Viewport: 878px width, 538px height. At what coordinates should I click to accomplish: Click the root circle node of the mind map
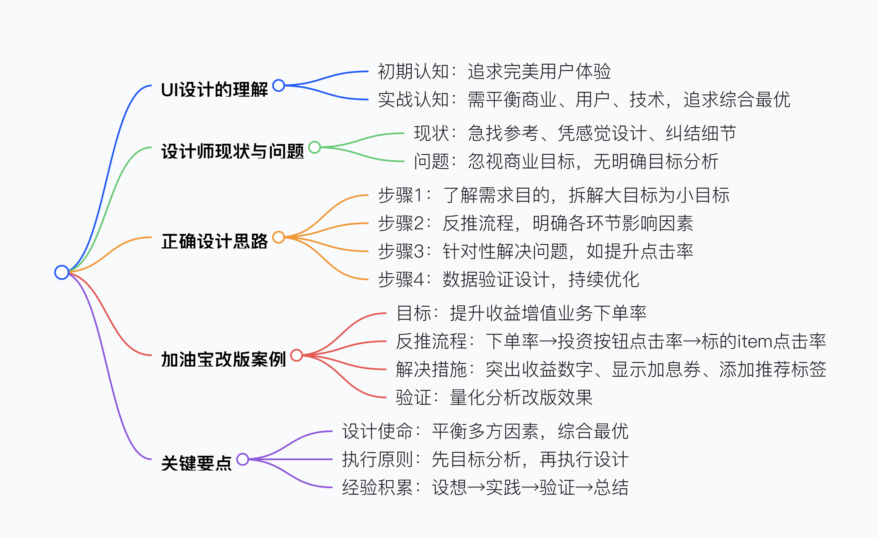click(x=62, y=272)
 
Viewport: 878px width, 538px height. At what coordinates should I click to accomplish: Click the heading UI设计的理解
click(x=214, y=89)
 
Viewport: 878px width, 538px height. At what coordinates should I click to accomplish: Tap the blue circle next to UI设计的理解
click(x=278, y=85)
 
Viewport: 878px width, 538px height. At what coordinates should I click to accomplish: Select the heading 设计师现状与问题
click(x=232, y=151)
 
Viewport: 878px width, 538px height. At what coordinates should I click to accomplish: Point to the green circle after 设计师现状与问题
click(x=314, y=147)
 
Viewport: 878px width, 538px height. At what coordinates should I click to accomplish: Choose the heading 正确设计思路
click(x=214, y=241)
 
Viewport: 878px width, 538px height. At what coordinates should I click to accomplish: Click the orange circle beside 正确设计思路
click(x=278, y=237)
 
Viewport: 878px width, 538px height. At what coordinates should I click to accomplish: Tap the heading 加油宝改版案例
click(x=223, y=360)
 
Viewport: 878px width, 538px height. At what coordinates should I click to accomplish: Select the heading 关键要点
click(x=196, y=463)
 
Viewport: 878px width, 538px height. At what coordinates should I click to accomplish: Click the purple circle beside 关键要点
click(x=243, y=459)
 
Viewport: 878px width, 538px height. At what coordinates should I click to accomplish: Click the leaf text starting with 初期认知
click(x=494, y=72)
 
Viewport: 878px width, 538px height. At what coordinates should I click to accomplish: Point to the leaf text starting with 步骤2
click(x=535, y=223)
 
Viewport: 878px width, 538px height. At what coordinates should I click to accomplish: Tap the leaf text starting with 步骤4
click(x=508, y=279)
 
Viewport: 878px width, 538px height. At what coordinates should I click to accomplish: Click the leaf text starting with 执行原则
click(x=485, y=460)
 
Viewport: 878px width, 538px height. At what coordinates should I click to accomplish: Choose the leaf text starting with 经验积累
click(x=485, y=487)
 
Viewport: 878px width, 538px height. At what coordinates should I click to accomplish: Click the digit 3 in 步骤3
click(x=419, y=252)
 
